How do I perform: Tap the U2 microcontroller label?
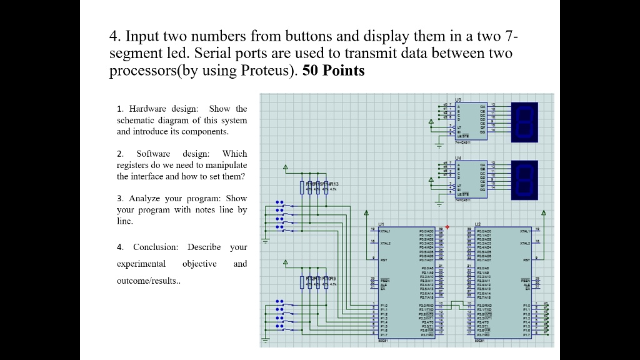[x=478, y=224]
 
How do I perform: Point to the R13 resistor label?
[x=334, y=182]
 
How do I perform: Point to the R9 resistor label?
[x=334, y=279]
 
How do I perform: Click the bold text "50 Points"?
[x=333, y=71]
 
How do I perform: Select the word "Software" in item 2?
[x=153, y=154]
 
